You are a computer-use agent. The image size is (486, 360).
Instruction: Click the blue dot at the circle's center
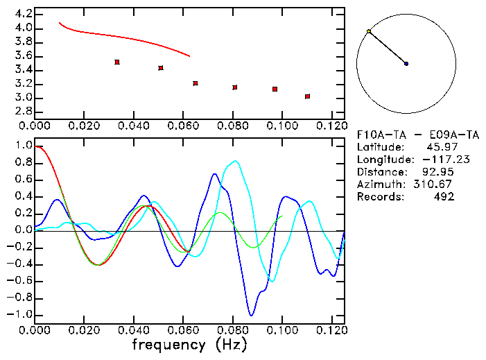coord(406,64)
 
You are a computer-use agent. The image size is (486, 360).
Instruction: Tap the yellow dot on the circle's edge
coord(369,32)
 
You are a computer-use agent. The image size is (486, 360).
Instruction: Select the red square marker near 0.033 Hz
coord(117,62)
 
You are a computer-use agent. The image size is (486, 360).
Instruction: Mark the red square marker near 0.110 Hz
coord(307,96)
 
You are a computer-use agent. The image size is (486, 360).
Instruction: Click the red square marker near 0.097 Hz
coord(275,89)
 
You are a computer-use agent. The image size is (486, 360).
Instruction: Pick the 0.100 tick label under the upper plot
coord(282,126)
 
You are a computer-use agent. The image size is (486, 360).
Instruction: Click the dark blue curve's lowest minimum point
coord(251,316)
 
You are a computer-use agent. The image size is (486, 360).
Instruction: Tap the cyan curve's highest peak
coord(236,161)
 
